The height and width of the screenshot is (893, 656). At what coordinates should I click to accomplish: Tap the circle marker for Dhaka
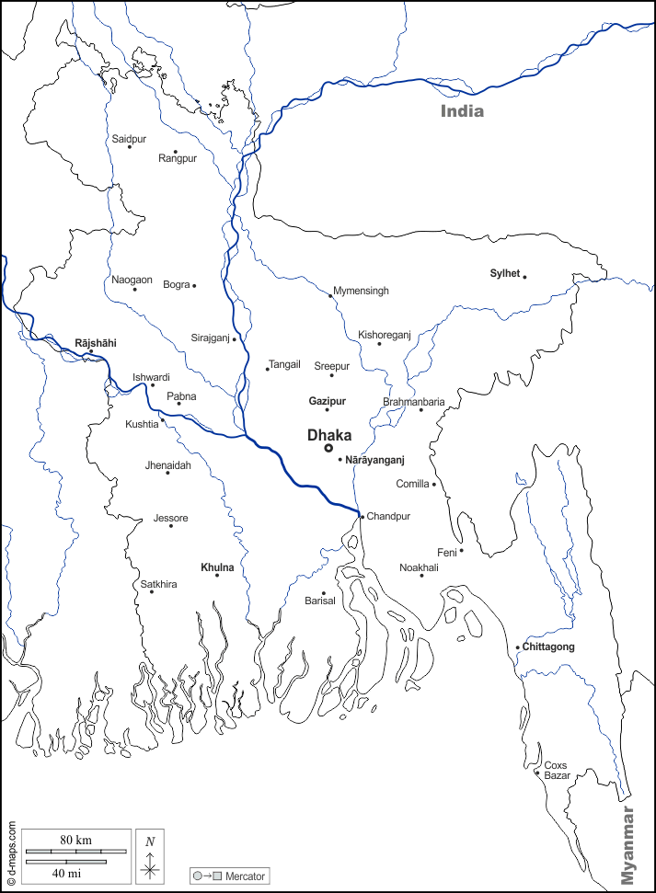(x=328, y=448)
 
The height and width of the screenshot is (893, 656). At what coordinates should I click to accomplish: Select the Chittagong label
(x=548, y=647)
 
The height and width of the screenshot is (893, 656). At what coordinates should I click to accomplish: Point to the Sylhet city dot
(x=524, y=277)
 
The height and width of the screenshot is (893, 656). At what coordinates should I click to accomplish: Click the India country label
(x=462, y=111)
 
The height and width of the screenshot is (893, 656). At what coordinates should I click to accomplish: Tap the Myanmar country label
(x=628, y=845)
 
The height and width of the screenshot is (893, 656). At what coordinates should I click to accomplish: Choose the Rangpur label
(x=178, y=158)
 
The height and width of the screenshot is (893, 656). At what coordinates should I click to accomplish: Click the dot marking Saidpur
(x=130, y=147)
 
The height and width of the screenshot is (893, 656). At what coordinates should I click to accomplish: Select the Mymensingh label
(x=361, y=291)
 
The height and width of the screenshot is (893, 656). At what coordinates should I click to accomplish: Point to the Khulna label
(x=217, y=567)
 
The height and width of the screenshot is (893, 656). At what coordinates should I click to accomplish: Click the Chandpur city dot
(x=362, y=517)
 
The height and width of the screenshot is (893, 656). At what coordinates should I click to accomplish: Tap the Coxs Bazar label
(x=557, y=770)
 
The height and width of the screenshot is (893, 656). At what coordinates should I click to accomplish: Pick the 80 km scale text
(x=76, y=841)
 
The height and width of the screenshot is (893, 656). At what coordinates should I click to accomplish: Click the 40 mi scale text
(x=64, y=872)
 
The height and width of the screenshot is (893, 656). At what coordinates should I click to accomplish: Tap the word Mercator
(x=245, y=876)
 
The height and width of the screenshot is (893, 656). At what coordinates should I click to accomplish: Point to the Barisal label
(x=320, y=601)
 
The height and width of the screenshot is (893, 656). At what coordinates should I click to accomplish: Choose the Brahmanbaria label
(x=414, y=402)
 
